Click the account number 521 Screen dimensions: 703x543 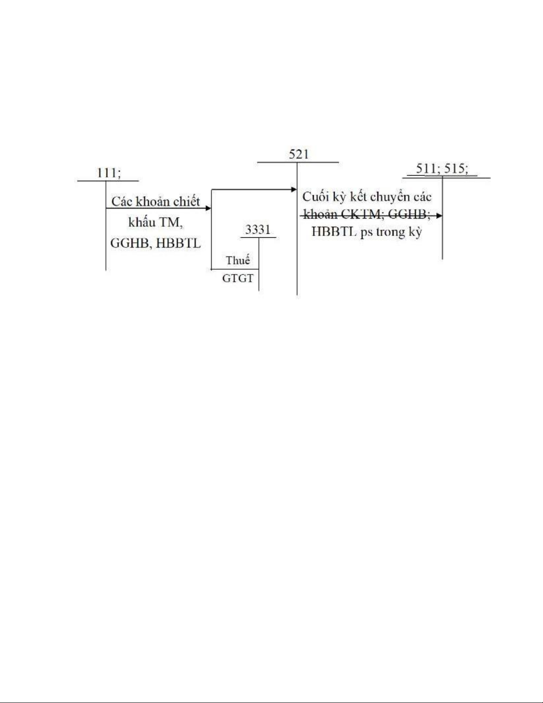pyautogui.click(x=298, y=154)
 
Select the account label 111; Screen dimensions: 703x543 pyautogui.click(x=109, y=173)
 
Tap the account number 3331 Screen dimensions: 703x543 pyautogui.click(x=258, y=230)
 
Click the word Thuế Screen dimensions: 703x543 pyautogui.click(x=238, y=260)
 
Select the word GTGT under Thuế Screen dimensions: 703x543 pyautogui.click(x=238, y=279)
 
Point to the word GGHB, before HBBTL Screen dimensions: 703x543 pyautogui.click(x=129, y=243)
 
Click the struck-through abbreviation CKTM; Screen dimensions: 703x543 pyautogui.click(x=360, y=215)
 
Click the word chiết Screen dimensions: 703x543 pyautogui.click(x=187, y=202)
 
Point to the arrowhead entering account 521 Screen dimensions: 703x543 pyautogui.click(x=293, y=189)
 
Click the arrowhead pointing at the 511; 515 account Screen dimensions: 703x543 pyautogui.click(x=439, y=216)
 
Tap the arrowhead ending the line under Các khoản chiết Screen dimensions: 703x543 pyautogui.click(x=208, y=208)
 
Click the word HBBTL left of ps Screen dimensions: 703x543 pyautogui.click(x=334, y=232)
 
